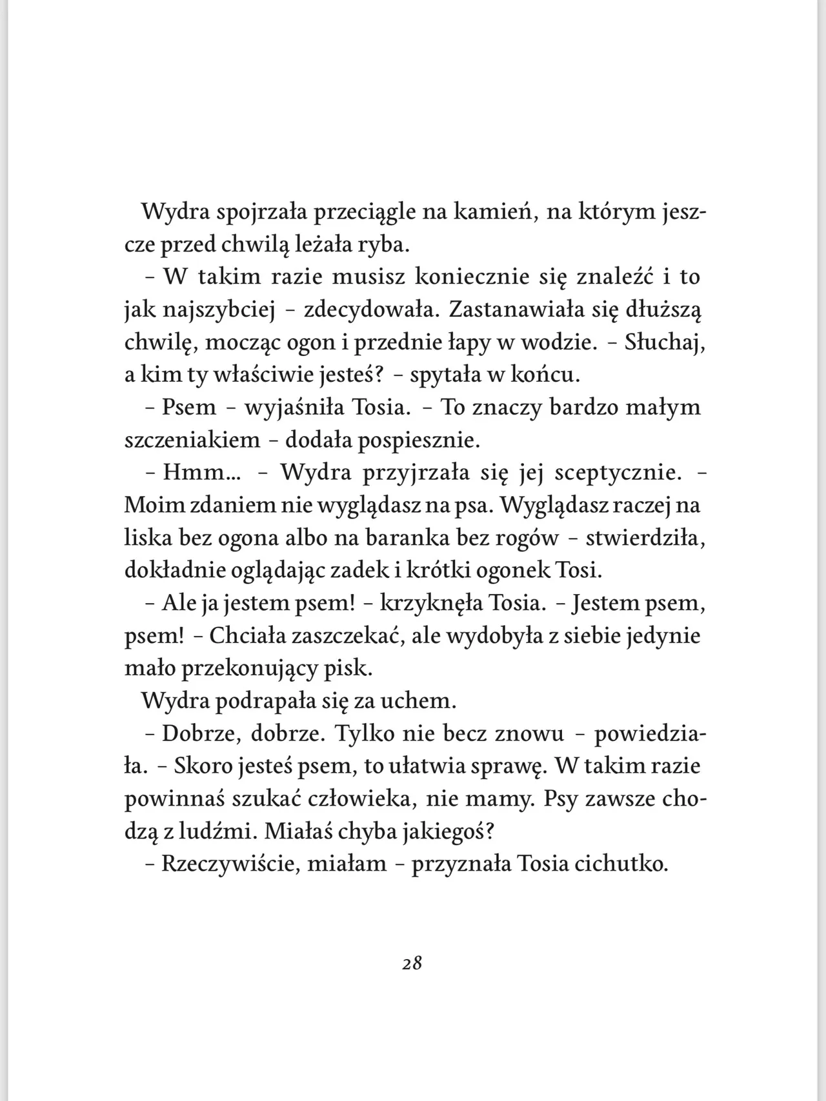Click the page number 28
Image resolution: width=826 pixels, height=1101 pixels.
[x=412, y=964]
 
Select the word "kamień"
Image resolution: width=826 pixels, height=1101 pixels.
[x=495, y=212]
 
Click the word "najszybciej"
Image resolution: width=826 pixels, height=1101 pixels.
[x=219, y=310]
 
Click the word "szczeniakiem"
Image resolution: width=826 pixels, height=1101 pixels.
[x=192, y=441]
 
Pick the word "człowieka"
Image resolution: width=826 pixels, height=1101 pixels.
[x=367, y=800]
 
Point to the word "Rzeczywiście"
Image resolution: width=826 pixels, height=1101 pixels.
[x=230, y=864]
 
